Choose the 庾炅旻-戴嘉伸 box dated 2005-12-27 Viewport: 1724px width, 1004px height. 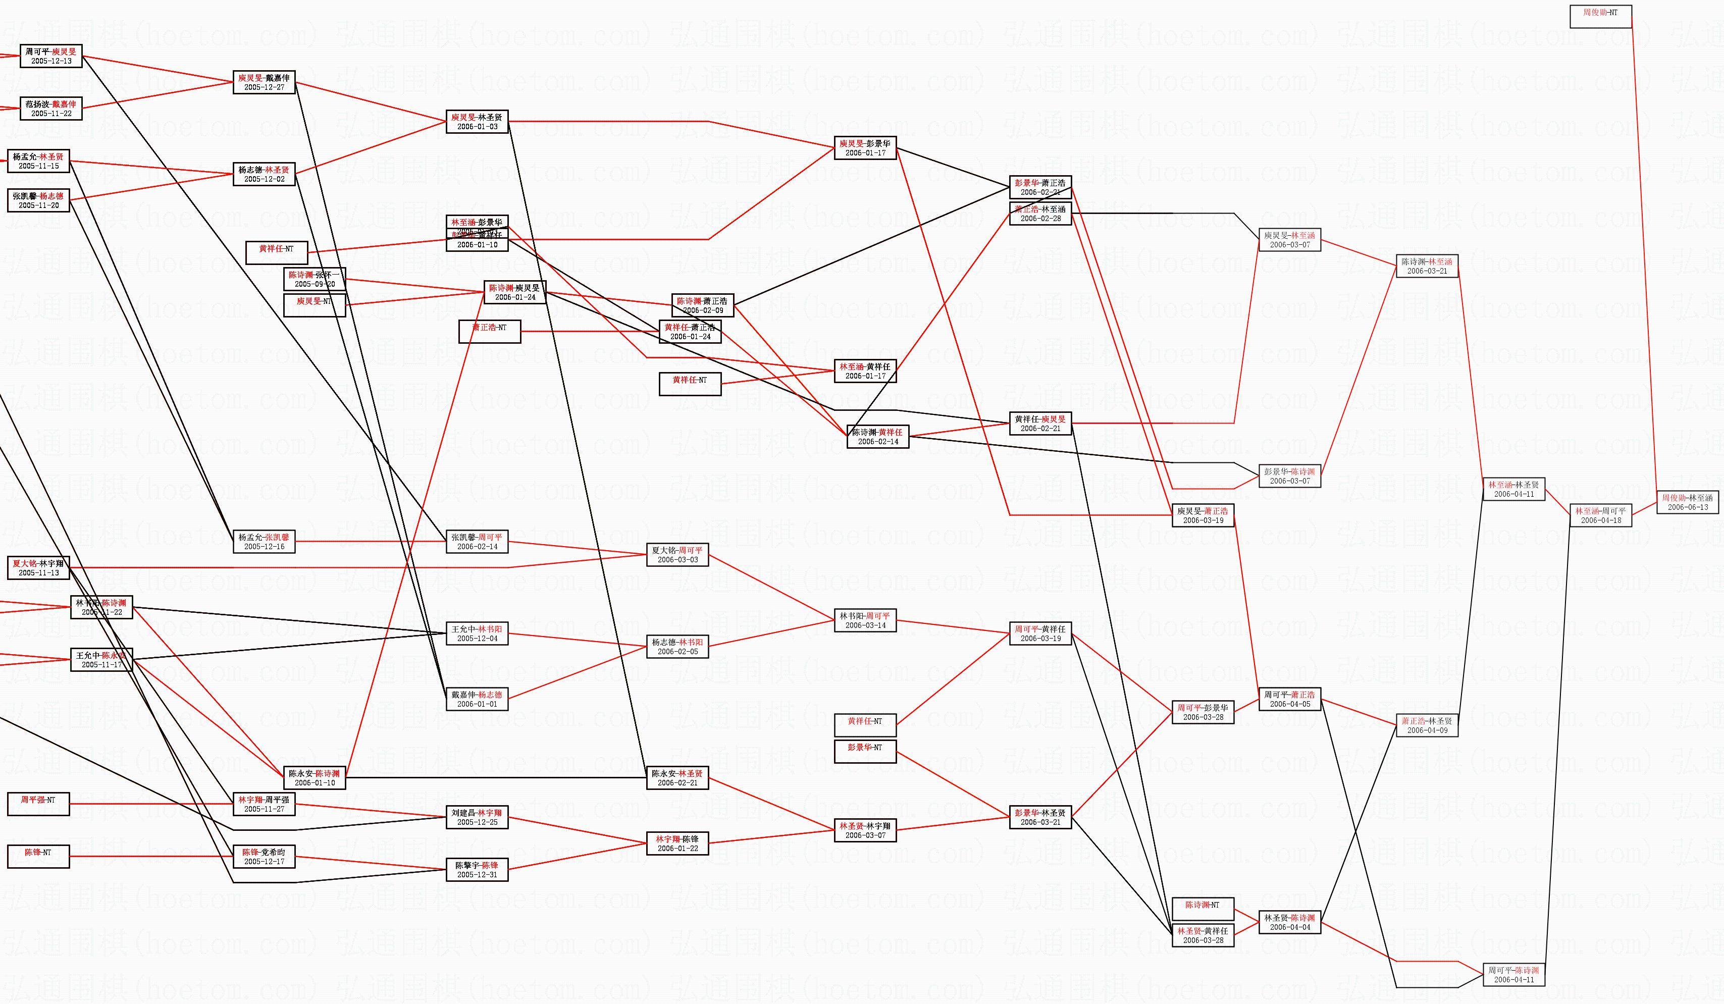(264, 83)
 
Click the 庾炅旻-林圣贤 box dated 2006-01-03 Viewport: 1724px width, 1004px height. (477, 122)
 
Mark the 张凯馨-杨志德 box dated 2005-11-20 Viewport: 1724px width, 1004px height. (38, 200)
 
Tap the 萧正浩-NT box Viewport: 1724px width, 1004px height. (489, 332)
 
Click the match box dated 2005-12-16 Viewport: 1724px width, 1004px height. (264, 542)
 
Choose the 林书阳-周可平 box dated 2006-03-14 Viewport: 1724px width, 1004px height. (865, 620)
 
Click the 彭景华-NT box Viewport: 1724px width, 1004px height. (865, 752)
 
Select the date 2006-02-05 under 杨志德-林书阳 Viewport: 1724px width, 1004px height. (677, 652)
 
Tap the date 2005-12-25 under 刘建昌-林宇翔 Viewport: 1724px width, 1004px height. (477, 822)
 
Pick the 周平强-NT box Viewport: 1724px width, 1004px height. (38, 804)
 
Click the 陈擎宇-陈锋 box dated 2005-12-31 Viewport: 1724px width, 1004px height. (477, 870)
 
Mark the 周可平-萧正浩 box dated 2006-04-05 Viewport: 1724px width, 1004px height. (1289, 699)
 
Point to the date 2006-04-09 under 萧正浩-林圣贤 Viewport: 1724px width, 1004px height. (1427, 730)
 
